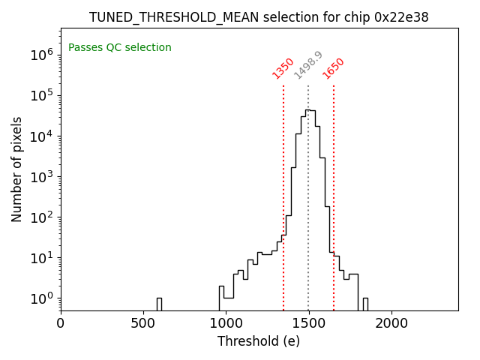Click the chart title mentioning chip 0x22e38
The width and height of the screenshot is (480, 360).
[x=259, y=17]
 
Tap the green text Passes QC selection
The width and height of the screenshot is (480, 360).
[x=120, y=48]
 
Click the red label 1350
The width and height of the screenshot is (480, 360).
[x=283, y=68]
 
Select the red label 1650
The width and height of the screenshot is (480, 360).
[x=334, y=68]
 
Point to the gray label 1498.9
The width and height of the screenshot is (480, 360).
[x=308, y=65]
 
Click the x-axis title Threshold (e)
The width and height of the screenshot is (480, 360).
[x=259, y=341]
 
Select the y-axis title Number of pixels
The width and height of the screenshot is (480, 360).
[x=17, y=169]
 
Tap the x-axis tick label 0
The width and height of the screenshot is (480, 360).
[x=61, y=323]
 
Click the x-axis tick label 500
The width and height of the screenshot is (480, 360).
[x=143, y=323]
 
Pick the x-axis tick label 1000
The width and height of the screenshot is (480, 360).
[x=226, y=323]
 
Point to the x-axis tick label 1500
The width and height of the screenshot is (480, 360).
[x=308, y=323]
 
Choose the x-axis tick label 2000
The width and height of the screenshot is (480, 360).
[x=391, y=323]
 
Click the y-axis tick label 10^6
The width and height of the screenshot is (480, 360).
[x=41, y=55]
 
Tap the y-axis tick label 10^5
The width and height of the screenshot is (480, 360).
[x=41, y=95]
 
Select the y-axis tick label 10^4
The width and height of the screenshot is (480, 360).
[x=41, y=136]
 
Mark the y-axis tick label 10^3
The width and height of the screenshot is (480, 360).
[x=41, y=177]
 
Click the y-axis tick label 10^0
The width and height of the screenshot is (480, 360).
[x=41, y=298]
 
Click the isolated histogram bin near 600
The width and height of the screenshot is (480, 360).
[x=159, y=304]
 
